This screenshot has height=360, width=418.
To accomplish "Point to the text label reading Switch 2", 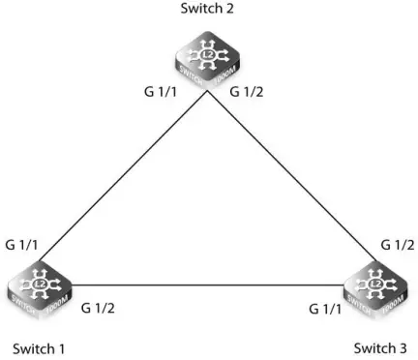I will [208, 10].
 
